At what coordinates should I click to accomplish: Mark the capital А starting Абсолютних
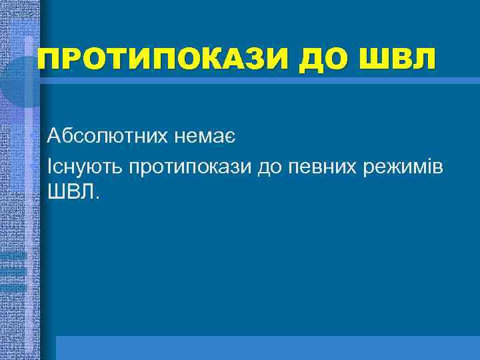coord(55,137)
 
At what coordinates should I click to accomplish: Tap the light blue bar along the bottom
coord(267,347)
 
